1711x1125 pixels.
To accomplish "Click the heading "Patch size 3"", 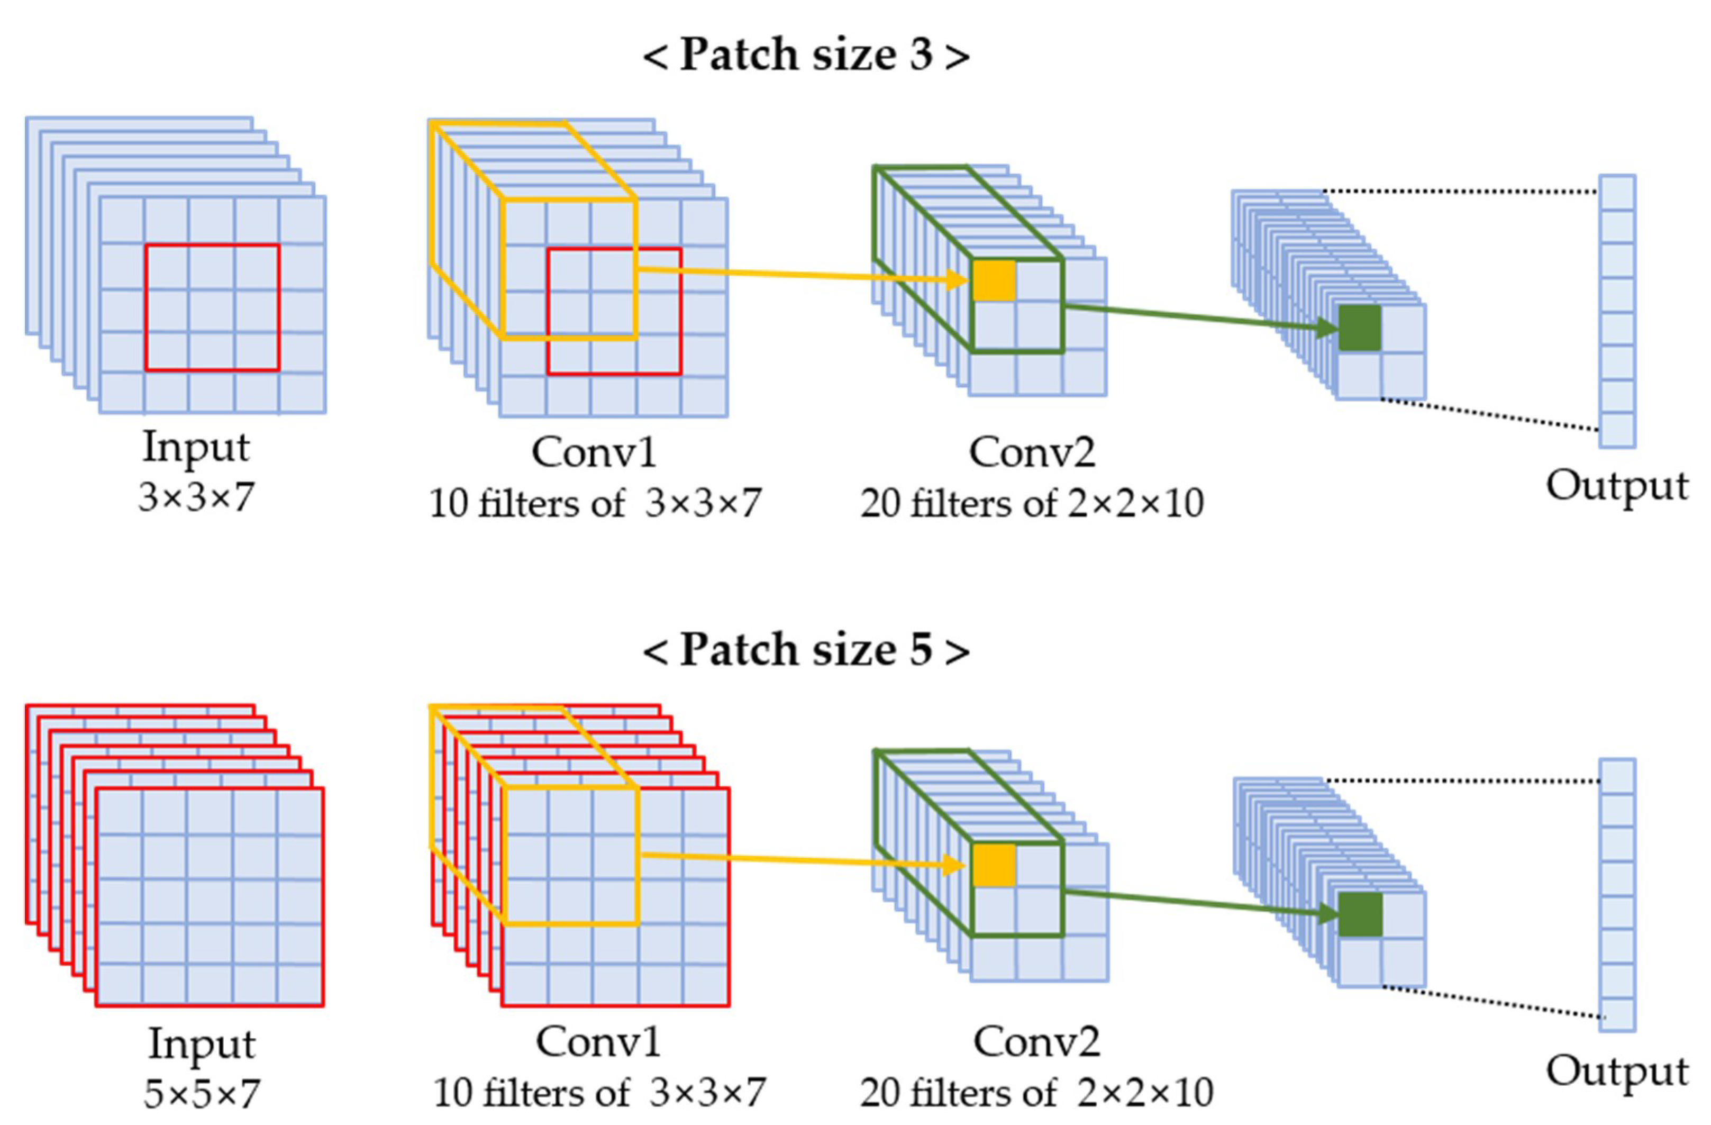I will (x=805, y=55).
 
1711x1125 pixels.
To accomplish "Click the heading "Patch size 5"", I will (x=805, y=649).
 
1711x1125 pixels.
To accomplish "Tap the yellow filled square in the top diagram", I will (x=994, y=280).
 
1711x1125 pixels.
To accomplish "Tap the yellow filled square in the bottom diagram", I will (x=994, y=865).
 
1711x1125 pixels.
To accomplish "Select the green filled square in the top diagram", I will (x=1360, y=328).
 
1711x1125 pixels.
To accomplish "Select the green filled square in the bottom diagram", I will (x=1360, y=914).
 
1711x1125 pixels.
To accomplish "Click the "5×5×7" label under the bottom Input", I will (x=201, y=1094).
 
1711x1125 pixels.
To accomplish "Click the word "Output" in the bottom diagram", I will (x=1617, y=1071).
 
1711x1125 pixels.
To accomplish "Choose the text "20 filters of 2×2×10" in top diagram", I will (x=1032, y=503).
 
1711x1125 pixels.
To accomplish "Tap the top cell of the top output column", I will (x=1617, y=193).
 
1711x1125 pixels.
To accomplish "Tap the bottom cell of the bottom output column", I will (x=1617, y=1013).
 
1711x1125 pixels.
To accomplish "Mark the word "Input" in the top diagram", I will (x=196, y=447).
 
